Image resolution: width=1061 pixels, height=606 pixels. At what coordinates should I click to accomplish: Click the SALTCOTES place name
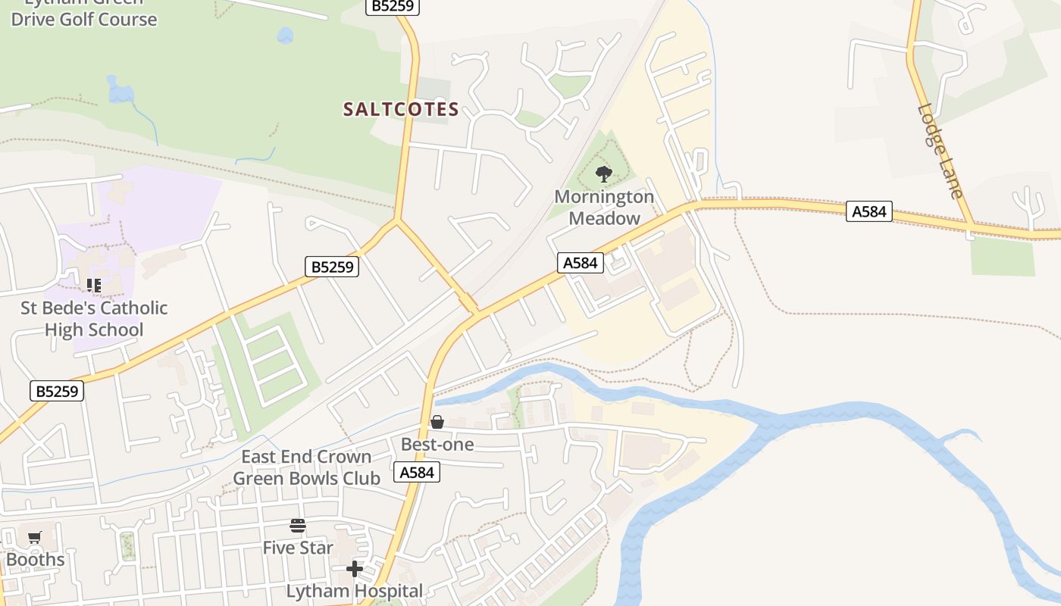[x=401, y=110]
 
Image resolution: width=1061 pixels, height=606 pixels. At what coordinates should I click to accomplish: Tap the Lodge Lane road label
[x=941, y=151]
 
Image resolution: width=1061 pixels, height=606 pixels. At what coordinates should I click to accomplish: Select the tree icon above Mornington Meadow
[x=603, y=175]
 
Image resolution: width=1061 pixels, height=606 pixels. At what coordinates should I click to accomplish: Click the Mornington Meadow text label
[x=604, y=208]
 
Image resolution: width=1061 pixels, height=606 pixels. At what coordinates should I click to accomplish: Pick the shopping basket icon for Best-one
[x=437, y=422]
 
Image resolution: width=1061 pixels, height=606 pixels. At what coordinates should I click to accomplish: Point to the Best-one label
[x=437, y=445]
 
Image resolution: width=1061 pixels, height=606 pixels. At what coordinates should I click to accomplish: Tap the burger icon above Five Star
[x=298, y=526]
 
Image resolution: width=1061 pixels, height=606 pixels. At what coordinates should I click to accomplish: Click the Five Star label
[x=298, y=548]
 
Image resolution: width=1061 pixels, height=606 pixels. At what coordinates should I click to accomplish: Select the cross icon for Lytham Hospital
[x=354, y=568]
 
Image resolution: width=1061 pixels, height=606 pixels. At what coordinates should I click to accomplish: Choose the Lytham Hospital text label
[x=354, y=591]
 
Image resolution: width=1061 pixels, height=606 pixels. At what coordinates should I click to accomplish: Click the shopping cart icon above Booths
[x=35, y=538]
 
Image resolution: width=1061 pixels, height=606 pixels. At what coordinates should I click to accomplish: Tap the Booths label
[x=35, y=560]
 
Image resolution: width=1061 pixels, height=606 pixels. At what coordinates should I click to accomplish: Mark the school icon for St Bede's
[x=94, y=286]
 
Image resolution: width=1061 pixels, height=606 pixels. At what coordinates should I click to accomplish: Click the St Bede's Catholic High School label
[x=94, y=319]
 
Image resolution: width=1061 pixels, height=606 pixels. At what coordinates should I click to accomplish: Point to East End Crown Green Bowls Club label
[x=306, y=467]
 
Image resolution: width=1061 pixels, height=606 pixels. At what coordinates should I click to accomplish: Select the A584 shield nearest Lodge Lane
[x=869, y=211]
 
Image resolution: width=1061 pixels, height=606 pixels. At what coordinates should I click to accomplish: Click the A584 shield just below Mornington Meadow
[x=581, y=263]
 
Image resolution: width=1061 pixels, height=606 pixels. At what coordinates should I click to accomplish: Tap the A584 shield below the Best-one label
[x=417, y=473]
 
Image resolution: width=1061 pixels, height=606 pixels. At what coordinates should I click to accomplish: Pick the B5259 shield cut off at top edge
[x=392, y=6]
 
